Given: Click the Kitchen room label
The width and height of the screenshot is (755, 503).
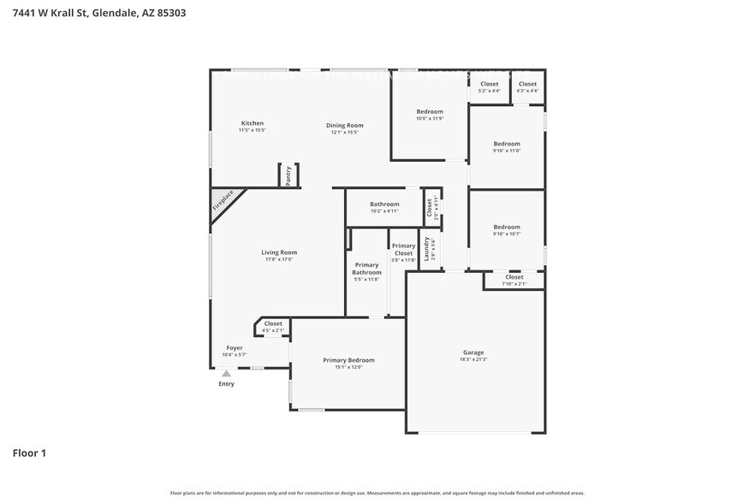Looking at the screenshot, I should tap(252, 123).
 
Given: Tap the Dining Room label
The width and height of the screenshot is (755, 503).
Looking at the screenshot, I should tap(344, 126).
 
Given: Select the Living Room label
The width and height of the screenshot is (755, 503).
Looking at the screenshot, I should tap(279, 252).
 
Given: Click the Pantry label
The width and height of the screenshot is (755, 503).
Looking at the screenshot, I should tap(288, 174).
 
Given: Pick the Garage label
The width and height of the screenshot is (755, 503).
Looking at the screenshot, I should tap(473, 352).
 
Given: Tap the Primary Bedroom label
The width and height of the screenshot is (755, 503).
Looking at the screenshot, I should tap(348, 360).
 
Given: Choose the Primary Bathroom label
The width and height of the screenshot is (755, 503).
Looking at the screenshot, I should tap(366, 269).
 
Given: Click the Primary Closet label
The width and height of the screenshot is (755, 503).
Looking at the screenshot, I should tap(403, 249).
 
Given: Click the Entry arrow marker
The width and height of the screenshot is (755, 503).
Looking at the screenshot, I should tap(226, 373).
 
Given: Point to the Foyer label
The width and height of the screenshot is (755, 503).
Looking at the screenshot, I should tap(235, 348).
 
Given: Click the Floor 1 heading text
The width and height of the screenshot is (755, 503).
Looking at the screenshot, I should tap(29, 453).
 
